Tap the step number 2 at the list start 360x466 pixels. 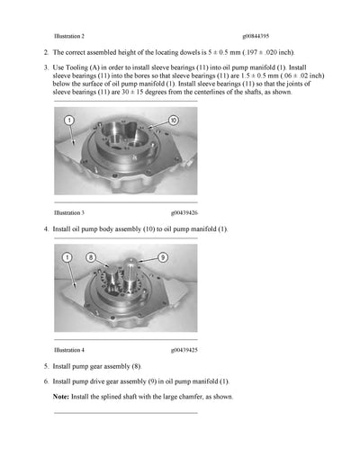tap(45, 53)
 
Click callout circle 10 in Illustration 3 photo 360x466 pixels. tap(173, 121)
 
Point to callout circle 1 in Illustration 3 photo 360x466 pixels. tap(69, 121)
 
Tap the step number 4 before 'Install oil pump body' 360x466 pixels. tap(45, 230)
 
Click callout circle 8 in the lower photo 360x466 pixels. tap(90, 258)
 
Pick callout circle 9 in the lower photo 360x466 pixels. tap(163, 257)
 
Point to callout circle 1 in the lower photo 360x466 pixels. tap(67, 258)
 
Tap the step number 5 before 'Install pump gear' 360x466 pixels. tap(45, 366)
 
